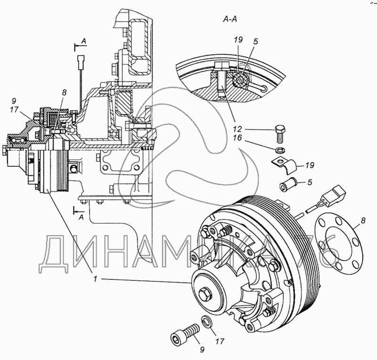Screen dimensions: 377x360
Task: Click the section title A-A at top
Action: pyautogui.click(x=230, y=19)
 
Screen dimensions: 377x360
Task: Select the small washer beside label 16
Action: pyautogui.click(x=280, y=150)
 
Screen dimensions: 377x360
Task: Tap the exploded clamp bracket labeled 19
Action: pyautogui.click(x=285, y=164)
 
